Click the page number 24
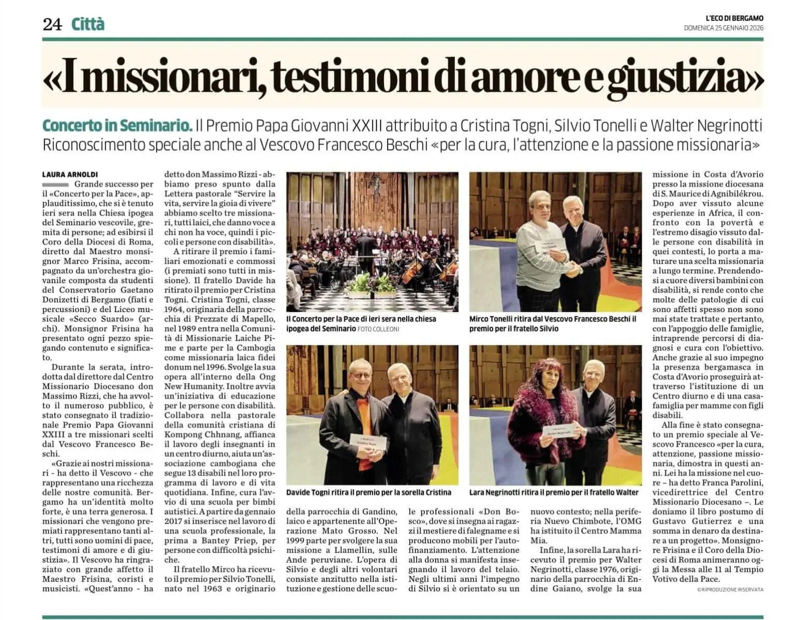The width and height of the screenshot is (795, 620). click(x=52, y=24)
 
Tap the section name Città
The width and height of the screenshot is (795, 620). click(x=88, y=24)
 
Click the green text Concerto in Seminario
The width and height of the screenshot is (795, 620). click(x=117, y=125)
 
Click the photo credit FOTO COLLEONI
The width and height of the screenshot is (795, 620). click(x=378, y=329)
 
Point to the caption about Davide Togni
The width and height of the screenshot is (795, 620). click(x=369, y=492)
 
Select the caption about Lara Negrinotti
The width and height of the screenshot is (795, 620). click(x=554, y=492)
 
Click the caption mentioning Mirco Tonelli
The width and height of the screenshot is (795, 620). click(x=553, y=323)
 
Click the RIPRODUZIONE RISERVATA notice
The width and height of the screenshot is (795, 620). click(x=730, y=589)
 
